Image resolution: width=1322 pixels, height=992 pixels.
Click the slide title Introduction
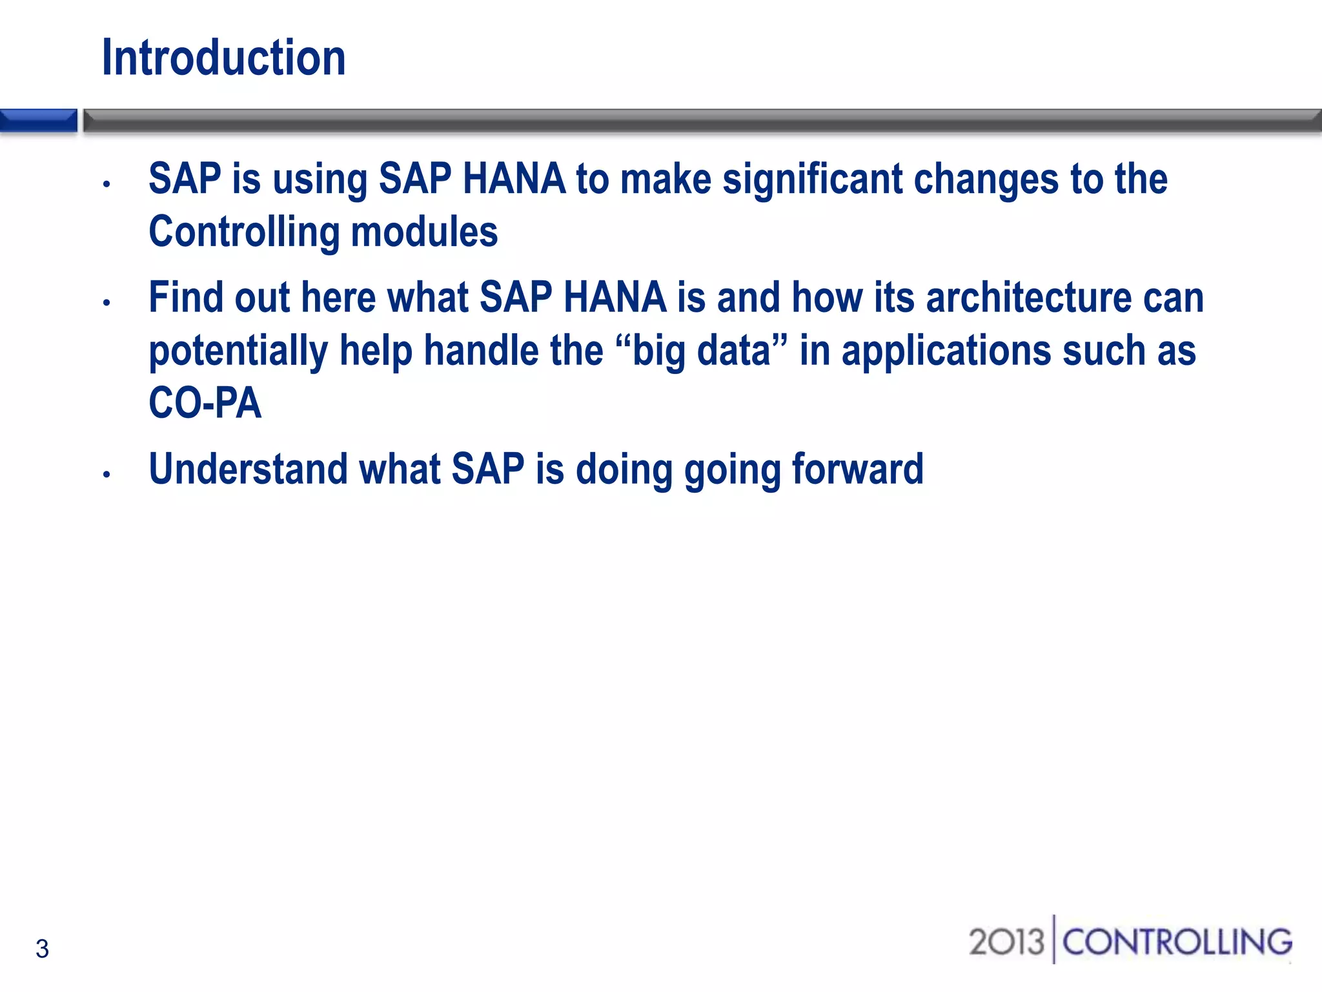tap(223, 58)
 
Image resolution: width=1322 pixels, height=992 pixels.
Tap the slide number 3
tap(42, 949)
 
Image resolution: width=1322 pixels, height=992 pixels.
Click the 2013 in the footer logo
tap(1006, 942)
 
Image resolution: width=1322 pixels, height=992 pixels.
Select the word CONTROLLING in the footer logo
tap(1177, 942)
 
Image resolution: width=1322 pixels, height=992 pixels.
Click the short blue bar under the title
tap(38, 121)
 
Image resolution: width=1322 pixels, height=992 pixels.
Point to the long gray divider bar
tap(702, 121)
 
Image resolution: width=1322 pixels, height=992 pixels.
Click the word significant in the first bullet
tap(812, 179)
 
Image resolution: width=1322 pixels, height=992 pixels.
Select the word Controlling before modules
tap(244, 232)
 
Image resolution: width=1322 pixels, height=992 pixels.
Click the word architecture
tap(1028, 298)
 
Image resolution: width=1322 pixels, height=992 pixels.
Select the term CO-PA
tap(205, 404)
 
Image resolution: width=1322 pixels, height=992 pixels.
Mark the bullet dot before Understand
tap(107, 475)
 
